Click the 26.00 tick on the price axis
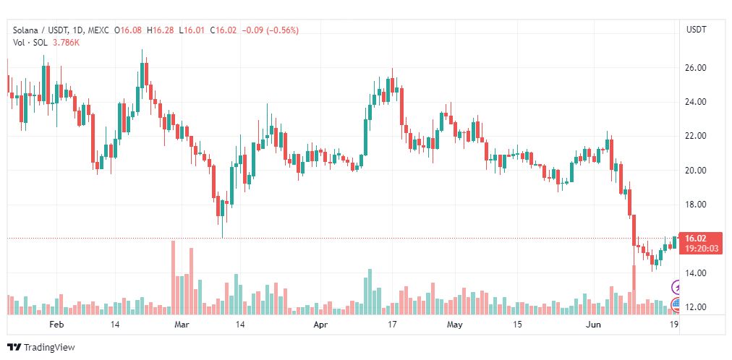[x=695, y=68]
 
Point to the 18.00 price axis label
[x=695, y=205]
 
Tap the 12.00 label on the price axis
[x=695, y=307]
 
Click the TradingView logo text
[x=49, y=348]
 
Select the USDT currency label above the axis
[x=696, y=30]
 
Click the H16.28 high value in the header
[x=160, y=30]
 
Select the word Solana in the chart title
[x=23, y=30]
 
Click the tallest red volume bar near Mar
[x=173, y=278]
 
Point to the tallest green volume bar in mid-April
[x=370, y=292]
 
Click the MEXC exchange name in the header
[x=98, y=30]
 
